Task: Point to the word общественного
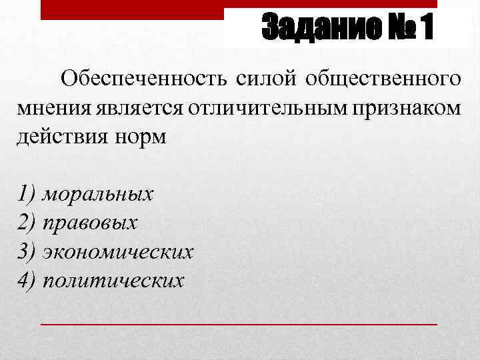pyautogui.click(x=383, y=81)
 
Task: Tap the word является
pyautogui.click(x=139, y=108)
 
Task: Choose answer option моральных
pyautogui.click(x=97, y=195)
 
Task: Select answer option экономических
pyautogui.click(x=117, y=252)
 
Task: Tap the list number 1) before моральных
pyautogui.click(x=27, y=195)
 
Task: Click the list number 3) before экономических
pyautogui.click(x=27, y=252)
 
